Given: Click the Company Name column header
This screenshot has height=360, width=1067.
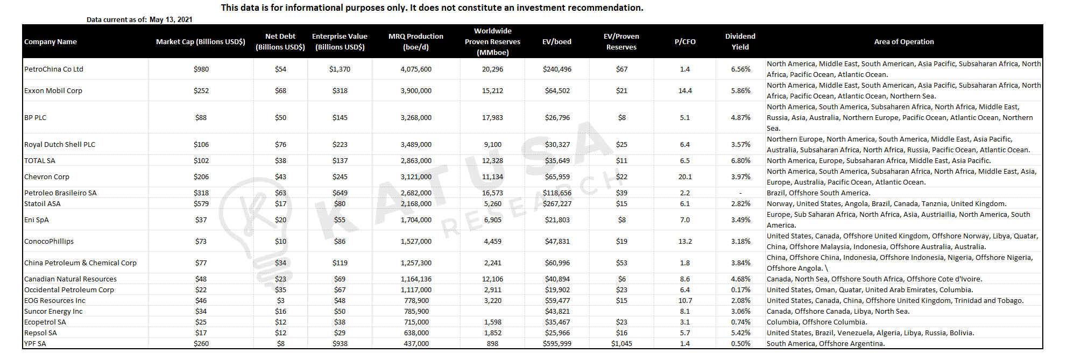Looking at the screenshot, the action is tap(51, 41).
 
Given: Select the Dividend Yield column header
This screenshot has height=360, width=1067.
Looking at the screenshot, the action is tap(740, 41).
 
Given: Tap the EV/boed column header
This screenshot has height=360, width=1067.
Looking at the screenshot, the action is tap(557, 41).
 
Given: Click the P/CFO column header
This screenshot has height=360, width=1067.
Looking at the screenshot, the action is tap(685, 41).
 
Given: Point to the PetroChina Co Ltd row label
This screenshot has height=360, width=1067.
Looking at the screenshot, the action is tap(54, 69).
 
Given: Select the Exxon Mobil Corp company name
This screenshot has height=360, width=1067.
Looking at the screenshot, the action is tap(53, 90).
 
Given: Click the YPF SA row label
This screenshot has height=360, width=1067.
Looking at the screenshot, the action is tap(35, 343).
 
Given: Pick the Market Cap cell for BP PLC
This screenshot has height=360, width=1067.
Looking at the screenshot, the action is tap(201, 117).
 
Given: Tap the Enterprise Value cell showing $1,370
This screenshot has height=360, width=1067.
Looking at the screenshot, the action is tap(340, 69).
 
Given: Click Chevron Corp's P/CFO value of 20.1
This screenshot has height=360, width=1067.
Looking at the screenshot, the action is tap(685, 177).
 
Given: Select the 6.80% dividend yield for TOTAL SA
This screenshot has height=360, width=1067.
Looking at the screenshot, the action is tap(740, 160).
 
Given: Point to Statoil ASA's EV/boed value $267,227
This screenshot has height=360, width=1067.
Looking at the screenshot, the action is tap(557, 203).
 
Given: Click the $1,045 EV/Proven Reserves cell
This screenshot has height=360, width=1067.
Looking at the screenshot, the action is tap(621, 343).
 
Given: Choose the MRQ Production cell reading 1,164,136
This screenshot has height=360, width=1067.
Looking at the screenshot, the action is tap(416, 279).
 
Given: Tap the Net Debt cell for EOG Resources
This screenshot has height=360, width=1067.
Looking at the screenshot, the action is tap(280, 300).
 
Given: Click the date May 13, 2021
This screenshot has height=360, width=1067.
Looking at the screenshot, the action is tap(171, 19).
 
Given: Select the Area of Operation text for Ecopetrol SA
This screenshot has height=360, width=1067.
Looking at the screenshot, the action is tap(817, 322).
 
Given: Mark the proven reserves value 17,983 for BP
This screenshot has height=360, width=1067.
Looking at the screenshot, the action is tap(492, 117).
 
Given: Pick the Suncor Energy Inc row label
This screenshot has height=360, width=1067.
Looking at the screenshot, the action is tap(53, 311).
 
